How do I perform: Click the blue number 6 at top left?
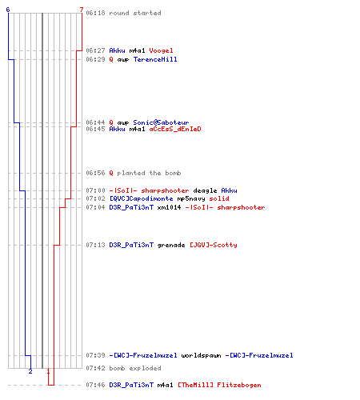point(8,10)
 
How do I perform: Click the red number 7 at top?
point(82,10)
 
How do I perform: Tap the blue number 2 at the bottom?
point(30,371)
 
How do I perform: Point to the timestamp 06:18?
point(95,13)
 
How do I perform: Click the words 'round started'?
point(135,13)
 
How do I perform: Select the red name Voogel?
point(161,50)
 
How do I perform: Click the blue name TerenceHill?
point(155,59)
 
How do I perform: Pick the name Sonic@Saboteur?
point(161,122)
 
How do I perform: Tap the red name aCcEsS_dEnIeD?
point(175,129)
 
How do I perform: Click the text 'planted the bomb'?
point(149,173)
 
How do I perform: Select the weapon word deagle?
point(205,190)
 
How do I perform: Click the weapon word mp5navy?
point(191,198)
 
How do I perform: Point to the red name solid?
point(219,198)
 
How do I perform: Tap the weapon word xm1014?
point(169,207)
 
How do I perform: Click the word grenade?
point(171,245)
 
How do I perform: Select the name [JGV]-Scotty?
point(214,245)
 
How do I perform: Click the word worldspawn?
point(201,355)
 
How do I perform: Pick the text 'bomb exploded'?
point(135,368)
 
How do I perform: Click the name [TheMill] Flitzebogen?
point(219,385)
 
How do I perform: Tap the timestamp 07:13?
point(95,245)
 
